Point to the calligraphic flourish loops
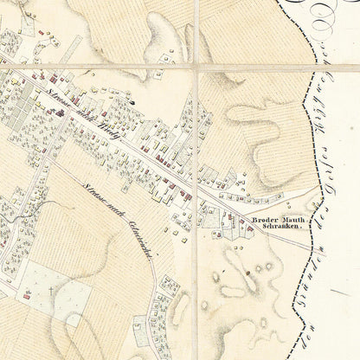tap(325, 13)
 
